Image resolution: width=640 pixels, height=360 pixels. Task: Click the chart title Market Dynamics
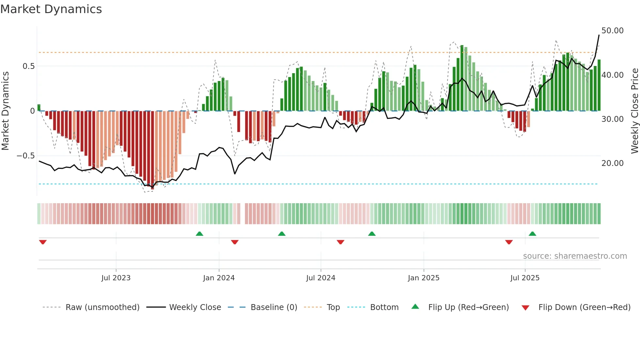pos(51,9)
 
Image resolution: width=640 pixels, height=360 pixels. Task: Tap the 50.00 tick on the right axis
pos(612,31)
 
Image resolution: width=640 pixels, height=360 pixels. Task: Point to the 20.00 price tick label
pos(612,163)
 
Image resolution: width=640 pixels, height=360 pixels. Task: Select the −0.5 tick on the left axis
pos(25,156)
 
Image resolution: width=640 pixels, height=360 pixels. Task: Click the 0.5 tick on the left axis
pos(28,66)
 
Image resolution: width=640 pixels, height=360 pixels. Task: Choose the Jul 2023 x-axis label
pos(116,278)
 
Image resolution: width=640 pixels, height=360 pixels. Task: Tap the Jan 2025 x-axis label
pos(424,278)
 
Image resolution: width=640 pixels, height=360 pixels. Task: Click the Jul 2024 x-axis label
pos(321,278)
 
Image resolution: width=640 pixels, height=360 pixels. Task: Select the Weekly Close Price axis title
pos(634,111)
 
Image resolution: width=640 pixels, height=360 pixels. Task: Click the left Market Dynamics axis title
pos(5,111)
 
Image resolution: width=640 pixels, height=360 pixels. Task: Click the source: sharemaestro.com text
pos(575,256)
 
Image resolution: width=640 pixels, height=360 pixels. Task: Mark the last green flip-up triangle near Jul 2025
pos(532,234)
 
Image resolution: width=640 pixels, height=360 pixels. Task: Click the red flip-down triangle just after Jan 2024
pos(234,242)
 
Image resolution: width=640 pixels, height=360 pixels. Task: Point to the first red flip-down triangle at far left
pos(43,242)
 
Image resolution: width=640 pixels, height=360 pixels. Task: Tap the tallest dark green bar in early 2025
pos(462,78)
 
